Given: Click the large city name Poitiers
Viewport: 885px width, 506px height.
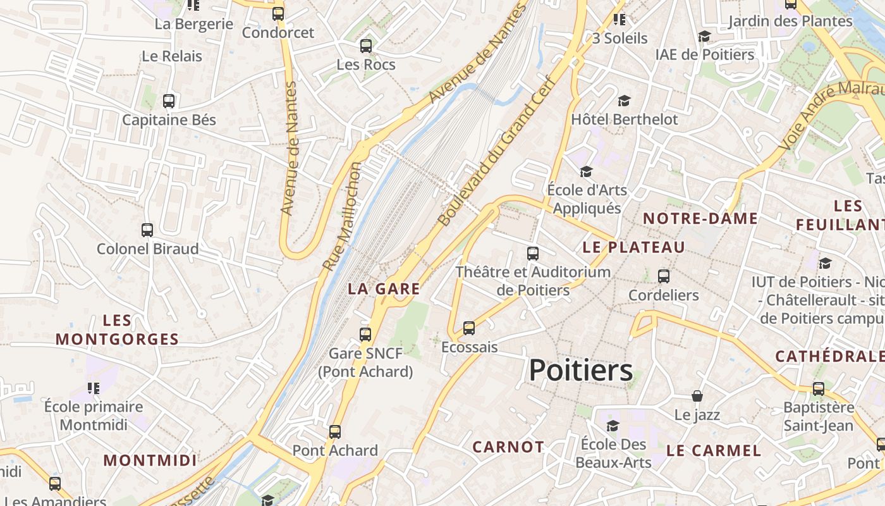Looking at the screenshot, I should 580,370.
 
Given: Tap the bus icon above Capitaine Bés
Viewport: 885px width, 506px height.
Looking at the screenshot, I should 169,101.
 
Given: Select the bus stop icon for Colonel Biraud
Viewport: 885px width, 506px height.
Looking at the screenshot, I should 147,230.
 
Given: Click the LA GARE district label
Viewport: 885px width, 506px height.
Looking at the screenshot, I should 384,289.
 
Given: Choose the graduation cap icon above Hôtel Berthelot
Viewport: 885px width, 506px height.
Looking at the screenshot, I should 624,101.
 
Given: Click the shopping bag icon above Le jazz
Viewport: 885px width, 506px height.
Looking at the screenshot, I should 697,396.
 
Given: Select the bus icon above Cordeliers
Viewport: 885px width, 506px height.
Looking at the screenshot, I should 663,276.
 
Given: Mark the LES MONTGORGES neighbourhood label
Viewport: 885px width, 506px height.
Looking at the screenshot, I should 117,330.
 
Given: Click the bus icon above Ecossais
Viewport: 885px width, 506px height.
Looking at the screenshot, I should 468,328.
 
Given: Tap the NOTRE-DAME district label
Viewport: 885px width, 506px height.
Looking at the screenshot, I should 700,219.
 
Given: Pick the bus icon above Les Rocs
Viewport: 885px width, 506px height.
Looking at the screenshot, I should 365,46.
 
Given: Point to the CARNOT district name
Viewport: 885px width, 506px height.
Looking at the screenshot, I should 508,447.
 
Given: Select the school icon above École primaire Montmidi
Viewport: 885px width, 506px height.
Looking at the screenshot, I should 94,388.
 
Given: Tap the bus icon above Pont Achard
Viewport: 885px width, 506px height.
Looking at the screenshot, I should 334,432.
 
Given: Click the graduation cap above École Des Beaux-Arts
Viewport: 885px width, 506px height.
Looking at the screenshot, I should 613,425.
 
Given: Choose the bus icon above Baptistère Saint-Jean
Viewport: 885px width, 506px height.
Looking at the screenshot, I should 818,389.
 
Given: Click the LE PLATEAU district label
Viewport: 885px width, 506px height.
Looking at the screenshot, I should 633,247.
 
